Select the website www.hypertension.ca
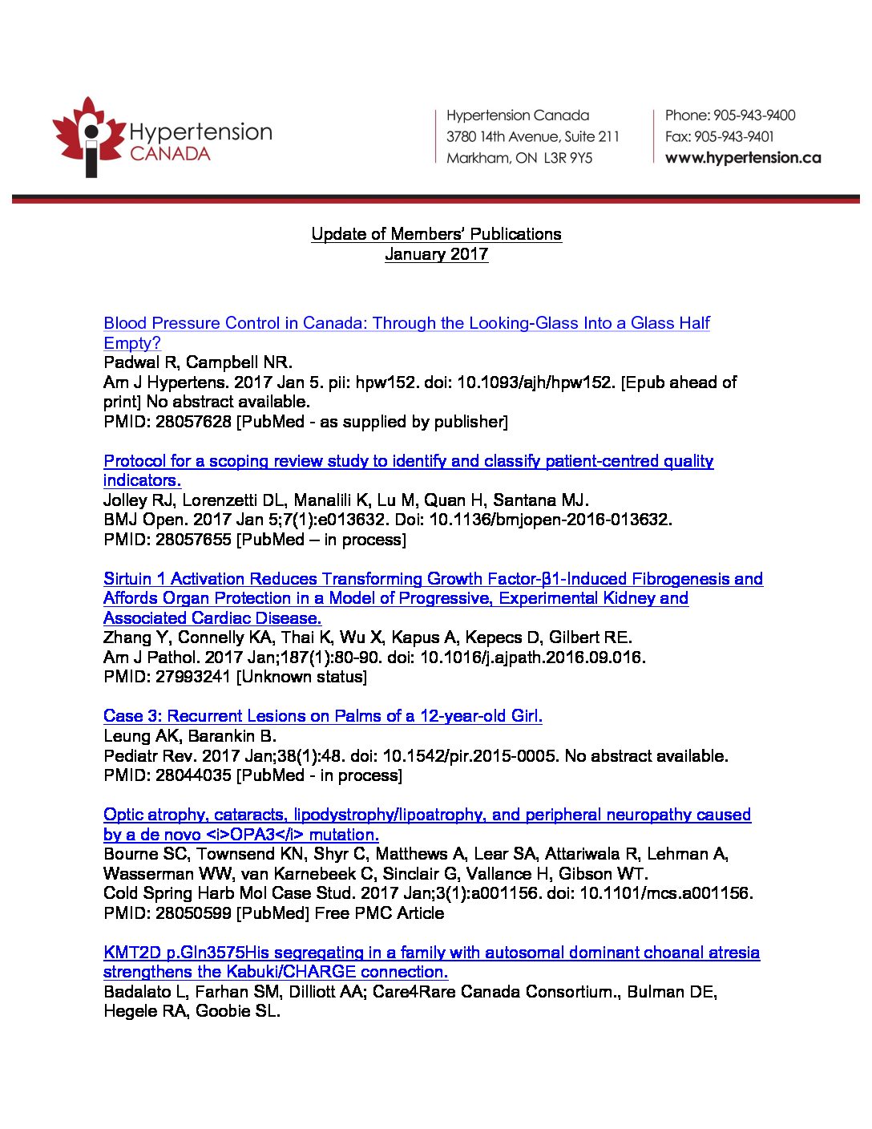(x=743, y=158)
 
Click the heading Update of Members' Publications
(x=436, y=234)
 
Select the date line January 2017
(x=436, y=254)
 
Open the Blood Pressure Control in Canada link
(x=406, y=323)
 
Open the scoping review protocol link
(x=408, y=461)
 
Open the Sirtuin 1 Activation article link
(x=433, y=579)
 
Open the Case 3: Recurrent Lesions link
(x=322, y=716)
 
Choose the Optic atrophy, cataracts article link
(x=426, y=815)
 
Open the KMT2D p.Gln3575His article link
(x=431, y=953)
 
